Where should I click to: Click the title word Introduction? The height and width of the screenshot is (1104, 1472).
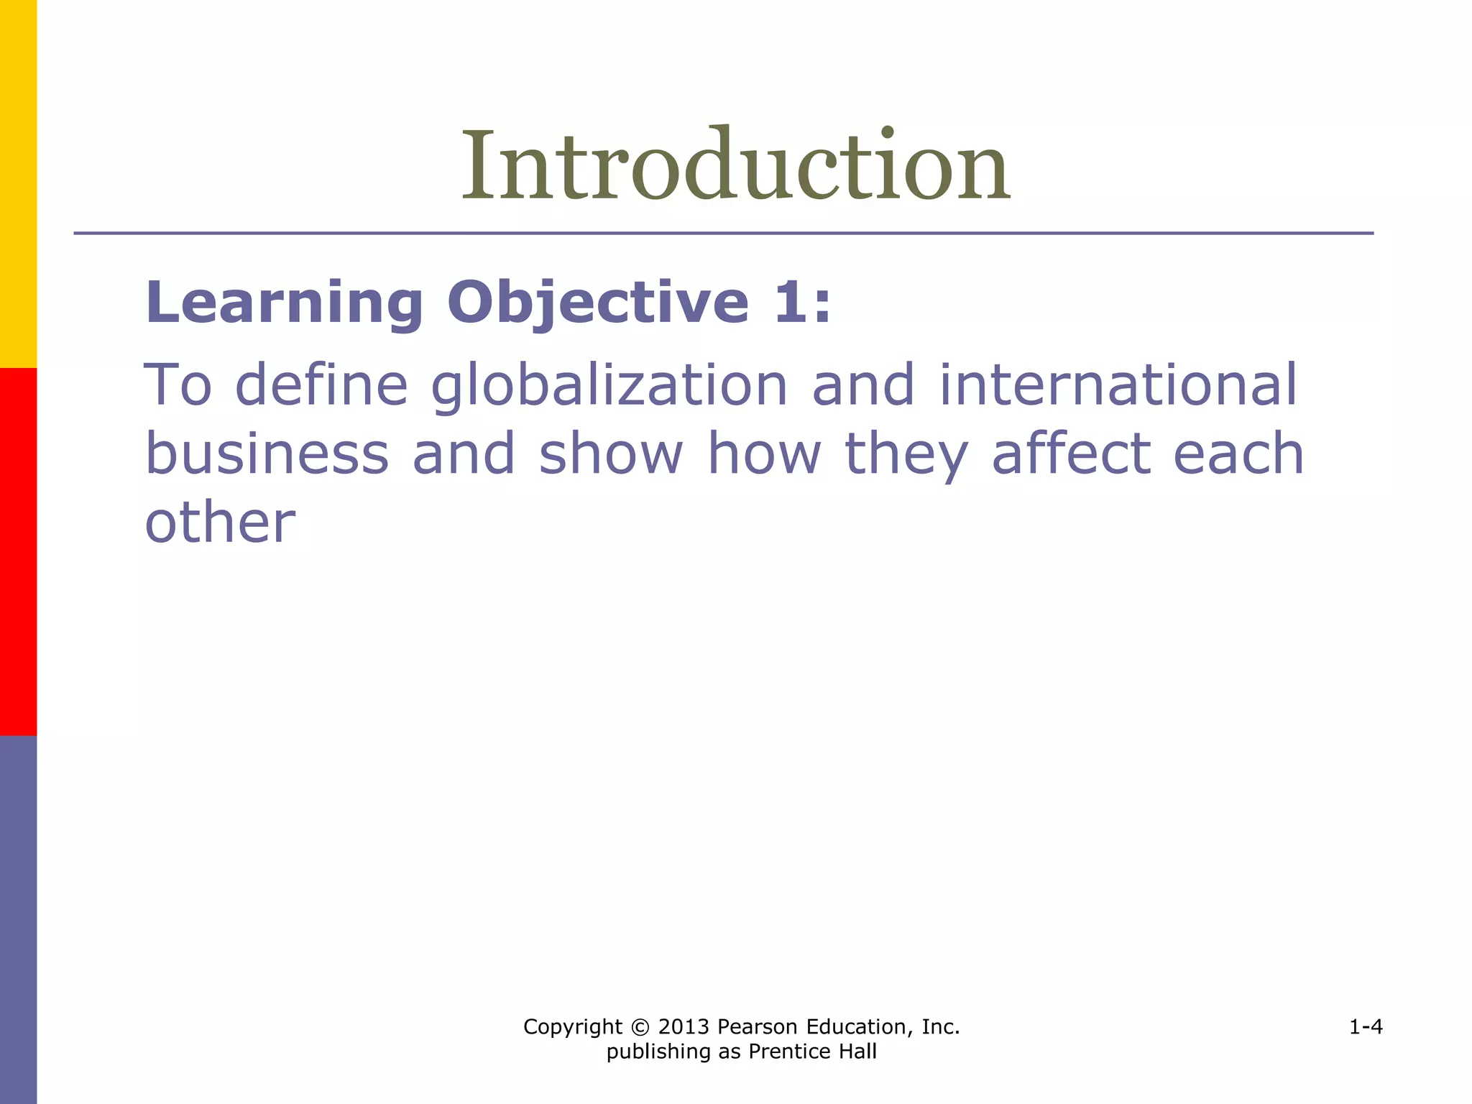[735, 167]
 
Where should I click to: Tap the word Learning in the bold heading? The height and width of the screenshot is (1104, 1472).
[284, 303]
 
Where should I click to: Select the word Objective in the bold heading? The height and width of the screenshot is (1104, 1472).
[598, 303]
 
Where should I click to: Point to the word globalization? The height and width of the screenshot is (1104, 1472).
[609, 386]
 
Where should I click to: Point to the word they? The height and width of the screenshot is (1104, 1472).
[906, 454]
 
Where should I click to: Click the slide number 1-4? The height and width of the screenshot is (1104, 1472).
[1366, 1027]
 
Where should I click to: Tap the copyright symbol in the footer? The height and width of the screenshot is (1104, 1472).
[640, 1027]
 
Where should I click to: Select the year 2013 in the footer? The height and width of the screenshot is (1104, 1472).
[684, 1027]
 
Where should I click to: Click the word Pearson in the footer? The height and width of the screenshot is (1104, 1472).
[758, 1027]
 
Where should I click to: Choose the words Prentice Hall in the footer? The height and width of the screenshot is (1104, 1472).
[812, 1052]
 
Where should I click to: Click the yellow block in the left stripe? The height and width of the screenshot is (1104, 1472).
[18, 183]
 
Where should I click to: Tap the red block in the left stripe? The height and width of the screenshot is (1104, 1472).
[18, 551]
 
